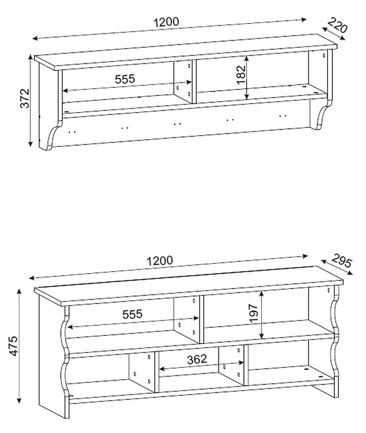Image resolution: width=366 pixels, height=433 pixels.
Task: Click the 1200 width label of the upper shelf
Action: (x=167, y=23)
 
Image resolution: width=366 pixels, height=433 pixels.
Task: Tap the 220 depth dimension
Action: (x=337, y=25)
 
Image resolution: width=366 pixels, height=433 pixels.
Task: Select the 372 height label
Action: (x=25, y=98)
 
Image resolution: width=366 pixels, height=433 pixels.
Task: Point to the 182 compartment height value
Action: (x=241, y=75)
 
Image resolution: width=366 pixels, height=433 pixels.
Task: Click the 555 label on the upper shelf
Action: (x=125, y=79)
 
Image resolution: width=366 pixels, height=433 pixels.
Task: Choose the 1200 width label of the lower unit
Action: (x=160, y=261)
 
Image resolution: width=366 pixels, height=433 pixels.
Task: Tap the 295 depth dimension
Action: (x=342, y=260)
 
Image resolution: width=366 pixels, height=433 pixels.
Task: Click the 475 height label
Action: (x=13, y=346)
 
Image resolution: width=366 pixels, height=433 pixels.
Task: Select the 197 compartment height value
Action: (x=253, y=313)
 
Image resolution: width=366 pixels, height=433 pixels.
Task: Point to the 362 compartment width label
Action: (x=197, y=359)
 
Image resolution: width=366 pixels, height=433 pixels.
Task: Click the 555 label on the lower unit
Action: (x=132, y=314)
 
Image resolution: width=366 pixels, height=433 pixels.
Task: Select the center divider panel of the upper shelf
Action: (x=183, y=82)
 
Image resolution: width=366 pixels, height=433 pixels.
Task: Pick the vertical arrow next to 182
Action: (x=247, y=78)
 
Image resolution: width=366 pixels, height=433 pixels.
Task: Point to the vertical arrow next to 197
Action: (x=261, y=315)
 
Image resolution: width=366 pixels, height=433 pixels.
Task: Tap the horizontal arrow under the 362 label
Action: (x=201, y=365)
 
